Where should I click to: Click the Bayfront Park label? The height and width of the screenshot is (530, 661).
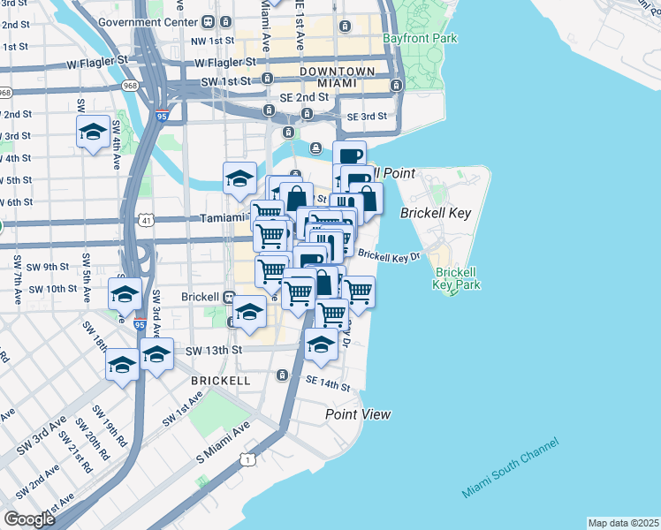point(420,39)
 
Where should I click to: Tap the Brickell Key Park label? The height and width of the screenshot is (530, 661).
point(457,278)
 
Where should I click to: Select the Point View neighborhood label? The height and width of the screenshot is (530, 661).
point(358,413)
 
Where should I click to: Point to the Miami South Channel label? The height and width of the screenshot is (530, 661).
point(510,468)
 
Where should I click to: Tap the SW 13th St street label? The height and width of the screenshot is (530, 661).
point(214,350)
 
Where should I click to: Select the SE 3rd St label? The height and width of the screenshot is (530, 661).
point(367,117)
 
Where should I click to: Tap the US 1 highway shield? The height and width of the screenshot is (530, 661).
point(252,459)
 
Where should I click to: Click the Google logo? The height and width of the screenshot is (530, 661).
point(28,519)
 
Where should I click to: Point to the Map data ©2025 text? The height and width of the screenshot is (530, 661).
point(623,523)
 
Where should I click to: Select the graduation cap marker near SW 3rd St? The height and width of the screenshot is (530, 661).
point(93,132)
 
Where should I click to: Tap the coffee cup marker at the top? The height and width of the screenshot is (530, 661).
point(349,155)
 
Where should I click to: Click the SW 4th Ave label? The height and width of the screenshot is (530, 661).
point(116,148)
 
